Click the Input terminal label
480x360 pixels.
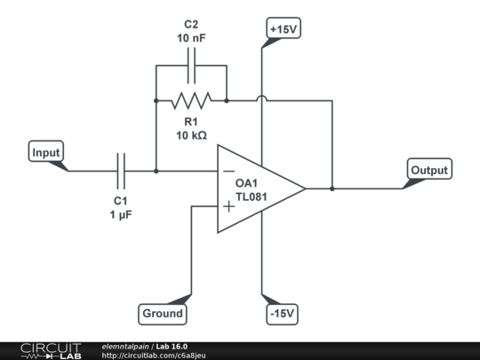[46, 152]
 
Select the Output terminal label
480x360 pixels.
[429, 169]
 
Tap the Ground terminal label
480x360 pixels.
[164, 313]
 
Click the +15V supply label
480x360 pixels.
[282, 28]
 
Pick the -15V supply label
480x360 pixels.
[282, 314]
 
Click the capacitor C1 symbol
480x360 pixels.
[121, 171]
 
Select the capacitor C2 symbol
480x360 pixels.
[191, 65]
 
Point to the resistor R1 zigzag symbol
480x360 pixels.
[191, 100]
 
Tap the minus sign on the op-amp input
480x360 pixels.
[228, 171]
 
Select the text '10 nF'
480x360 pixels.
[191, 38]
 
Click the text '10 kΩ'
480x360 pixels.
[191, 135]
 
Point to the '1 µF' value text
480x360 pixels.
[121, 214]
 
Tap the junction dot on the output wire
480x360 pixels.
[332, 188]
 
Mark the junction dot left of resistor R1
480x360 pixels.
[156, 100]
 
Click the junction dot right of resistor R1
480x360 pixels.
[227, 100]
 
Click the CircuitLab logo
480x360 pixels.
[50, 350]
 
